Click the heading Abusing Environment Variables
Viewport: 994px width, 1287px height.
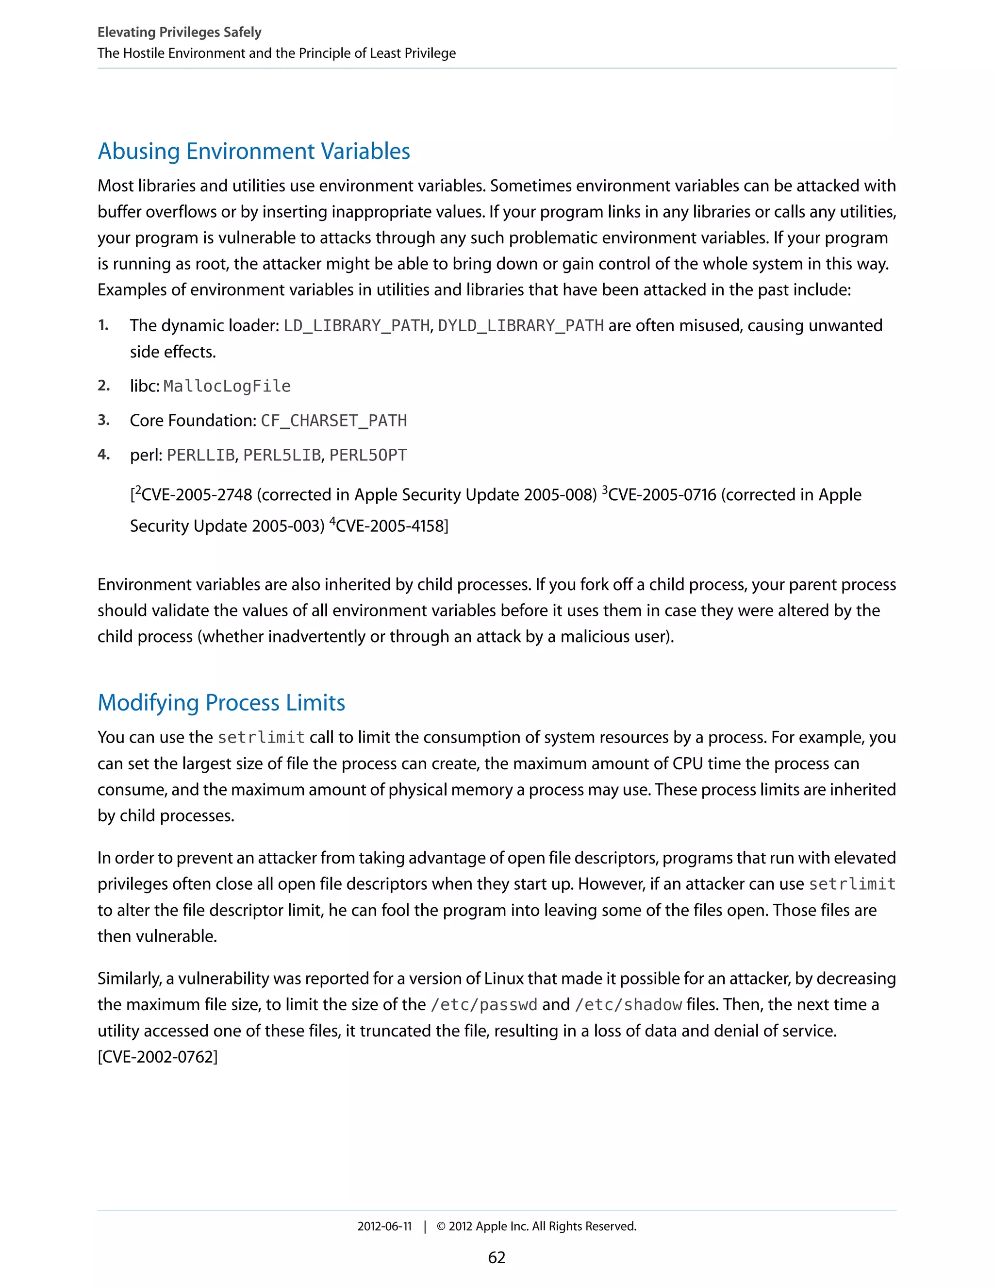click(254, 152)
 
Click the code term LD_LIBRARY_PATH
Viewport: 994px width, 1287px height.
click(356, 325)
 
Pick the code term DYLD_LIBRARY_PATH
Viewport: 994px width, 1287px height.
click(521, 325)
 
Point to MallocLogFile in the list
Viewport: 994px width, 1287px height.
click(227, 386)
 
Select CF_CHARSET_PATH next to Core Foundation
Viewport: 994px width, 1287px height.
click(334, 420)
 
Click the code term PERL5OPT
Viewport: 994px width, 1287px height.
click(368, 455)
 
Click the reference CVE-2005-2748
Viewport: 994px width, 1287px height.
click(197, 495)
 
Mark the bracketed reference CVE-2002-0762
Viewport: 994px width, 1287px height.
click(158, 1057)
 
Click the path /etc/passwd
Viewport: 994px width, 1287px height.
click(484, 1004)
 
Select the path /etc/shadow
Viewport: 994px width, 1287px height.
click(629, 1004)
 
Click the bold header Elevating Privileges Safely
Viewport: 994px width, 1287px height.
click(179, 33)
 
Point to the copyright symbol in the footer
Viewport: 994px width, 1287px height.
click(441, 1226)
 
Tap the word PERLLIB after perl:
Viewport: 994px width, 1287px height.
click(201, 455)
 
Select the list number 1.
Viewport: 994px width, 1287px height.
click(103, 325)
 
